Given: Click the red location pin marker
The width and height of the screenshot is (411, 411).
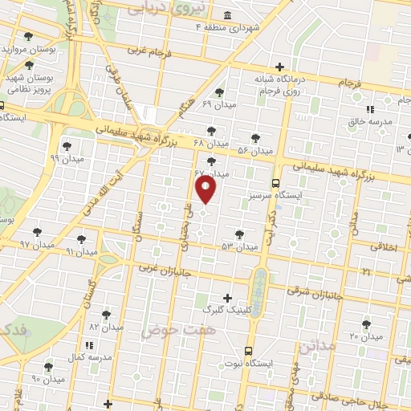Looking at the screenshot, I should click(206, 189).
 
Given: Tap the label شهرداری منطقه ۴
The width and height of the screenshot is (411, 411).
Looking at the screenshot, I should click(229, 27).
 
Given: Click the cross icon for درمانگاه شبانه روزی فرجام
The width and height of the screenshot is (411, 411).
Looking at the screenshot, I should click(279, 67).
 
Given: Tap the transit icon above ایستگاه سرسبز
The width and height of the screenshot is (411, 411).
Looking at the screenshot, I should click(275, 183).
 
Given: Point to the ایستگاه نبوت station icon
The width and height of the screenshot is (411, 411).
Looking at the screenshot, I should click(247, 352).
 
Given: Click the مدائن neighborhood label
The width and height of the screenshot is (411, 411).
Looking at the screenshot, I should click(315, 348).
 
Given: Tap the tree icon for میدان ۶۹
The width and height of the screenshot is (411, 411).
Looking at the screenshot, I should click(220, 92).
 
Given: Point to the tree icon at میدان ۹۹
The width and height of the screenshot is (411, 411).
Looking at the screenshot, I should click(66, 146).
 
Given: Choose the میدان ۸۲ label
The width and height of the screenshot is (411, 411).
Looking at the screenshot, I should click(105, 327).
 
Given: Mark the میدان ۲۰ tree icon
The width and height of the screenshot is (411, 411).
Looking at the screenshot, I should click(366, 324).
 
